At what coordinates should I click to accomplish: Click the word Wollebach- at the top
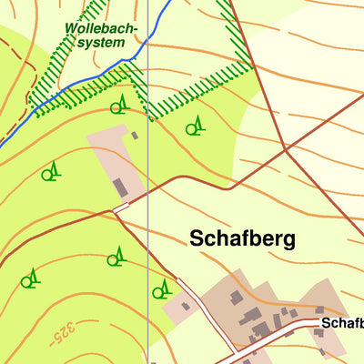tap(101, 28)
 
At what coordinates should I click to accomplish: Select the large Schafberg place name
tap(243, 238)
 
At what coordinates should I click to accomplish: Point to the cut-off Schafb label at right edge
tap(341, 323)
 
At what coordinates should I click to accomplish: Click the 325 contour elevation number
tap(61, 335)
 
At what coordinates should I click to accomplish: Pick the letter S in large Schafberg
tap(197, 238)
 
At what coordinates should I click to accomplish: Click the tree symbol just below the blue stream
tap(118, 106)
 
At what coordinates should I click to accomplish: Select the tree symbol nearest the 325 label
tap(31, 278)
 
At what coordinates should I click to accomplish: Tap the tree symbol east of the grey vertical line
tap(162, 289)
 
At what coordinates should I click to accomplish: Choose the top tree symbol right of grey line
tap(194, 127)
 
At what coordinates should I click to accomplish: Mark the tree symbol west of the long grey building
tap(53, 170)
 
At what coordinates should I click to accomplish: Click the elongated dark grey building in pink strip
tap(120, 187)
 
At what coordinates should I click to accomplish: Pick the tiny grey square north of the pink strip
tap(135, 136)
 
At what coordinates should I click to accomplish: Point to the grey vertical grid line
tap(147, 227)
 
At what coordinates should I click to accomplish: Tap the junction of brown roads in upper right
tap(286, 147)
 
